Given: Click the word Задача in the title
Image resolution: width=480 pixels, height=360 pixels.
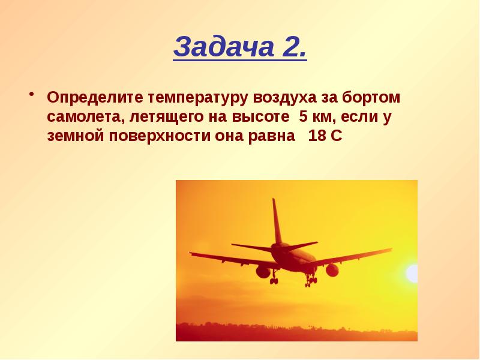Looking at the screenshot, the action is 224,47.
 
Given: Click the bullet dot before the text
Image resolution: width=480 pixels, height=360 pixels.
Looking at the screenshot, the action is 31,94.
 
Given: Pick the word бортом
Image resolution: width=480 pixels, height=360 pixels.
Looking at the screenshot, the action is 371,97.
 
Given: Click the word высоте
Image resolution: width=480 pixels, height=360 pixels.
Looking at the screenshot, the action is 260,117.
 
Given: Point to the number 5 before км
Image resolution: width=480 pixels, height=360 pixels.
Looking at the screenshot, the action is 303,116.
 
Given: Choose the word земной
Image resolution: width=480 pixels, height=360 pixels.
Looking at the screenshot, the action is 76,136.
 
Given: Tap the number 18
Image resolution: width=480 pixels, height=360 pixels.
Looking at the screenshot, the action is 317,136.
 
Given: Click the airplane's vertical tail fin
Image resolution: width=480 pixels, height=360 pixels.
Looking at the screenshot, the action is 277,221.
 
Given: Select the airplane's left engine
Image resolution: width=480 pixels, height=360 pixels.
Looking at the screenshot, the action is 263,272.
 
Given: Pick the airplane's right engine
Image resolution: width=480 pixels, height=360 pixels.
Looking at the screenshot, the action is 332,271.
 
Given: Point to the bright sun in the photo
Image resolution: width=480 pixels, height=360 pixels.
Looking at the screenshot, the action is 412,274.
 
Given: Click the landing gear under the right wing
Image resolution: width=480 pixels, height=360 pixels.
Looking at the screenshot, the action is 311,279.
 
